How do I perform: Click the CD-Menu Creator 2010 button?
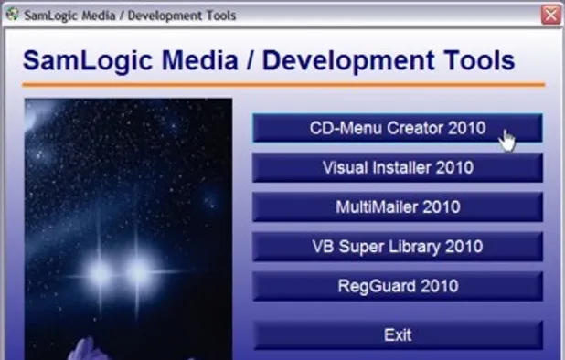tap(397, 128)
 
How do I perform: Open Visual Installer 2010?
tap(397, 167)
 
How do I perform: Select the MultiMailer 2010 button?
tap(397, 207)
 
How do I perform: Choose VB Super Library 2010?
tap(397, 247)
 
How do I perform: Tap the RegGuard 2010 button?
tap(397, 286)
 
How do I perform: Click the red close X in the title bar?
tap(550, 15)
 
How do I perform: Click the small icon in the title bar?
tap(13, 15)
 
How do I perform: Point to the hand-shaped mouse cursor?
tap(506, 141)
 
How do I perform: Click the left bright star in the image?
tap(100, 271)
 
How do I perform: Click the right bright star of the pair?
tap(139, 271)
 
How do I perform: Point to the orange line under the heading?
tap(283, 85)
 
